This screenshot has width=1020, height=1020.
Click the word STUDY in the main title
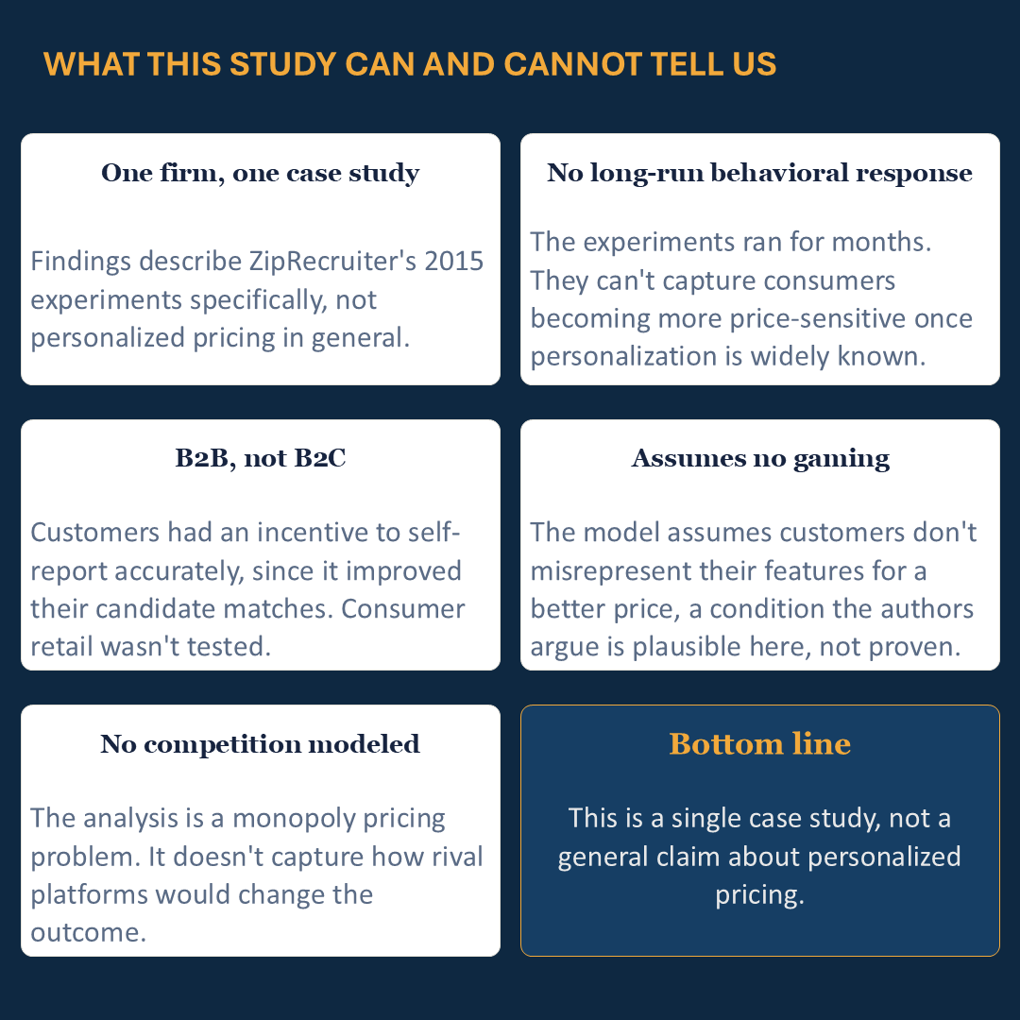[x=282, y=64]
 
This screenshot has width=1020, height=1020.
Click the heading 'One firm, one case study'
[x=261, y=173]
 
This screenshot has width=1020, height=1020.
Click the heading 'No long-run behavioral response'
[x=759, y=173]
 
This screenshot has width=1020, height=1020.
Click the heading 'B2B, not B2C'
[x=261, y=458]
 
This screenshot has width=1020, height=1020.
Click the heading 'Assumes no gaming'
[x=759, y=459]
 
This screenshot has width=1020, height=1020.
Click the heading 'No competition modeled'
[x=261, y=744]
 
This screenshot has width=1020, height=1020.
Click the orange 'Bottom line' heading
[x=759, y=743]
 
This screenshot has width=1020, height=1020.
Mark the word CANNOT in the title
[x=572, y=64]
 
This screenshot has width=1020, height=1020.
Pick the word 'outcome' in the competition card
[x=89, y=933]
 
